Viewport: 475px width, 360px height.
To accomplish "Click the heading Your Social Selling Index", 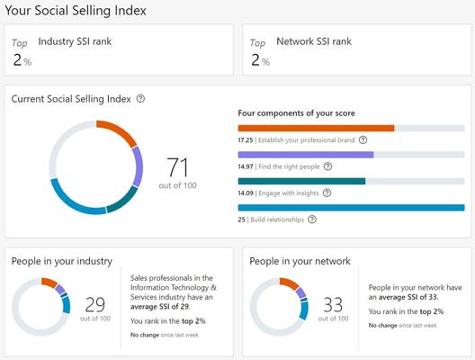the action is (x=76, y=11).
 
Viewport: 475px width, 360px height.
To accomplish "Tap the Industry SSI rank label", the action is (x=75, y=41).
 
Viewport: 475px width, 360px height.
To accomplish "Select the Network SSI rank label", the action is (x=314, y=41).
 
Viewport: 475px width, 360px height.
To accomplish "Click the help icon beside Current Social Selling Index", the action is (x=140, y=98).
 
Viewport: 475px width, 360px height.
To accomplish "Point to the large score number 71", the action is (x=177, y=167).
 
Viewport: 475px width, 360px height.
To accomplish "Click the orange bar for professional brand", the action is (x=317, y=128).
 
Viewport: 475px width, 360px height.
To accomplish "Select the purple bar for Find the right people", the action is (x=306, y=155).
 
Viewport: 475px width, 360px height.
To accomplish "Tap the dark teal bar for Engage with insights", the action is (x=301, y=181).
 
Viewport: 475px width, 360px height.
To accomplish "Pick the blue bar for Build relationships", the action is (x=352, y=208).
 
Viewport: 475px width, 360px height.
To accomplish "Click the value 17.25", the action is (x=246, y=140).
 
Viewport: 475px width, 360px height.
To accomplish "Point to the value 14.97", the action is (x=246, y=166).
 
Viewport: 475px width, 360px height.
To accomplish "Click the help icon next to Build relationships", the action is (x=312, y=220).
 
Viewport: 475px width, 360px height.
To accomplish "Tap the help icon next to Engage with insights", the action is (x=327, y=193).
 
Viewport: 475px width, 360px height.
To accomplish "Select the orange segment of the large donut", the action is (x=120, y=130).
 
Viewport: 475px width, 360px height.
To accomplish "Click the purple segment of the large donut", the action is (x=138, y=166).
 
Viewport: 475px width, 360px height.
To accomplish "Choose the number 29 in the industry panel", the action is (x=95, y=304).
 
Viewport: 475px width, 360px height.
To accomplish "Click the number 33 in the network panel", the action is (x=333, y=304).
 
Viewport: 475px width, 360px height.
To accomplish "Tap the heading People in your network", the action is (x=300, y=261).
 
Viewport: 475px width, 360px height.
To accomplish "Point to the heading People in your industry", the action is (x=62, y=261).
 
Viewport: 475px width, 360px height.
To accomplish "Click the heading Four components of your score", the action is (x=296, y=113).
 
